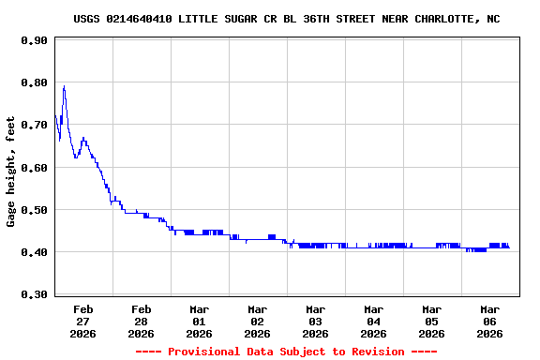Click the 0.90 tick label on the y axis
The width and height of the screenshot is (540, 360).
34,40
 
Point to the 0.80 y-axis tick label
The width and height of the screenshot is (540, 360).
34,82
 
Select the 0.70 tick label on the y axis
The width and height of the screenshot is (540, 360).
34,125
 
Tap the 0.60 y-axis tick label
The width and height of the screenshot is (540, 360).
34,168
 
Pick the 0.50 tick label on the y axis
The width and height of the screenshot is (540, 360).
34,210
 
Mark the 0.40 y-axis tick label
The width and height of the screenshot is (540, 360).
34,252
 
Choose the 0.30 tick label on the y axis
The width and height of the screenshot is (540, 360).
34,294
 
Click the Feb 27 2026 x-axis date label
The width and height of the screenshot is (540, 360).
83,321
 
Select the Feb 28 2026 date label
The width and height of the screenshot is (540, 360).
142,321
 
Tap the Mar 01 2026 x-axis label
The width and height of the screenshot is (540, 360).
200,321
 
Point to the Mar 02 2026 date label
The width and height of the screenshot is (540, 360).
258,321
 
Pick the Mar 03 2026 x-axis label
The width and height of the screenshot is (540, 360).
316,321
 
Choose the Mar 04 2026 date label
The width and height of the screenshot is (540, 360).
374,321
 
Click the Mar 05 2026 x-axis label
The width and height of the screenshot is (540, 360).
432,321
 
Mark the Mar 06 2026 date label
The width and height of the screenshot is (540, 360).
490,321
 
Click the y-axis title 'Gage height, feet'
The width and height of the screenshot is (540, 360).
11,172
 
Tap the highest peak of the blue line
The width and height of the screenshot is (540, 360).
64,87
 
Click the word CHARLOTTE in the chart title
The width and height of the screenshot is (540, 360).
443,19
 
